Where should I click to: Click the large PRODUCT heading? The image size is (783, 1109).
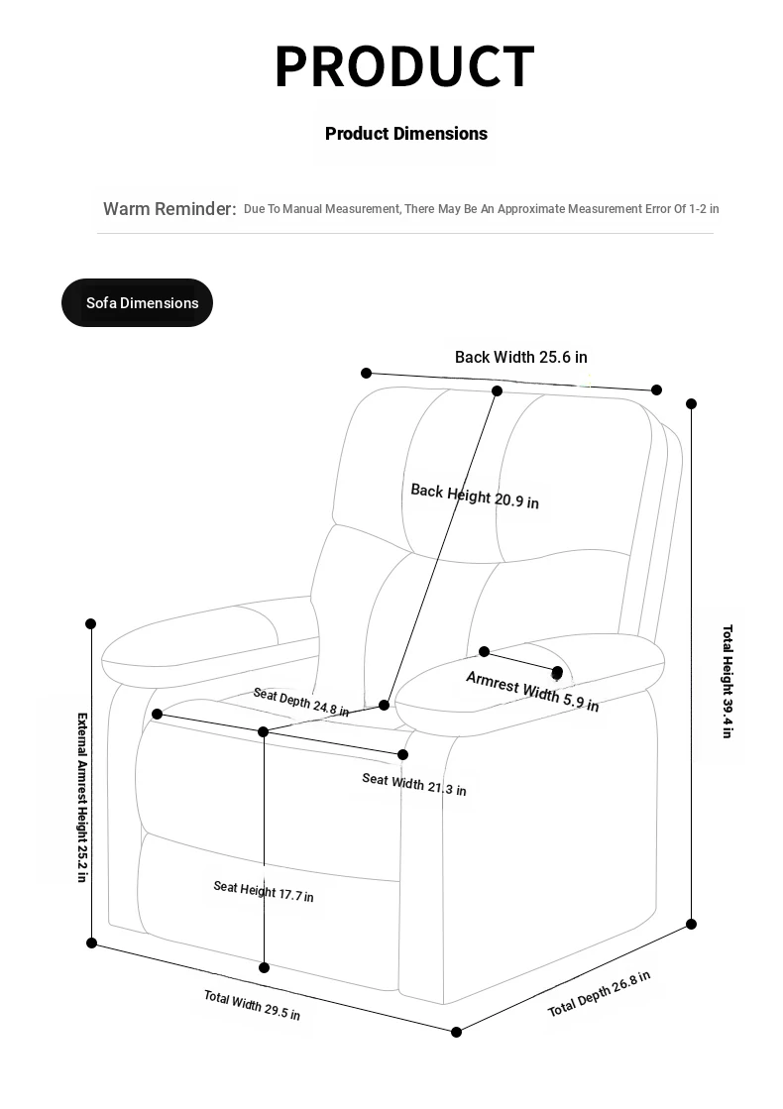point(404,66)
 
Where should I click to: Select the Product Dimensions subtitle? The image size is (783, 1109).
point(406,134)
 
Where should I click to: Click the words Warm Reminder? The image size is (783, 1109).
point(169,209)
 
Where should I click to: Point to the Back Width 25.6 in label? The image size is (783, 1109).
point(520,357)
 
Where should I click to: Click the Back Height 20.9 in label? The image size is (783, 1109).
point(475,496)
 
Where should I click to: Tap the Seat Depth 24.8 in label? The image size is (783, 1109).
point(300,702)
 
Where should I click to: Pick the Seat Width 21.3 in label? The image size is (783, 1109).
point(413,784)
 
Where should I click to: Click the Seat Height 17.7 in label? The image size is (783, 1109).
point(264,891)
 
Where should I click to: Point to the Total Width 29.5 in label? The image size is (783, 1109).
point(252,1005)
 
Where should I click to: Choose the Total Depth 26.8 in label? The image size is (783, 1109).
point(599,994)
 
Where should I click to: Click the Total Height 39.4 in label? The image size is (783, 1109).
point(727,681)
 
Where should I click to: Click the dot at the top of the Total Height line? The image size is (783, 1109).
point(692,403)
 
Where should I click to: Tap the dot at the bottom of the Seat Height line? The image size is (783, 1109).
point(265,967)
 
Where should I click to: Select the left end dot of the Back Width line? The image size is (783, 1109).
point(367,373)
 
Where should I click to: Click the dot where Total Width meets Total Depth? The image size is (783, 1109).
point(457,1032)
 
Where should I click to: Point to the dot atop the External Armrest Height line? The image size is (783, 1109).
point(91,623)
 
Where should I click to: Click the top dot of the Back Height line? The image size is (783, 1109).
point(498,390)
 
